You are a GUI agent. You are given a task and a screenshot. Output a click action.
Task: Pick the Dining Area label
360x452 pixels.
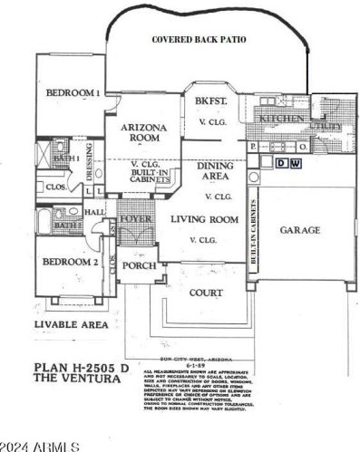click(x=217, y=172)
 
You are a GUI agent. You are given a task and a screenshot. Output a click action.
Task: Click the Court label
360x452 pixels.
click(x=206, y=293)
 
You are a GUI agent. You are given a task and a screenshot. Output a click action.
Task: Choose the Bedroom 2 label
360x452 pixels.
click(x=70, y=263)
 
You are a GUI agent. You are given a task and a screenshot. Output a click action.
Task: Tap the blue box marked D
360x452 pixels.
click(x=281, y=163)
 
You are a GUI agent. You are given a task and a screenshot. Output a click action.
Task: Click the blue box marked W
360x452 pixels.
click(x=295, y=163)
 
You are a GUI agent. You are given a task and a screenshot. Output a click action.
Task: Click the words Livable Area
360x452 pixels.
click(x=71, y=324)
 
